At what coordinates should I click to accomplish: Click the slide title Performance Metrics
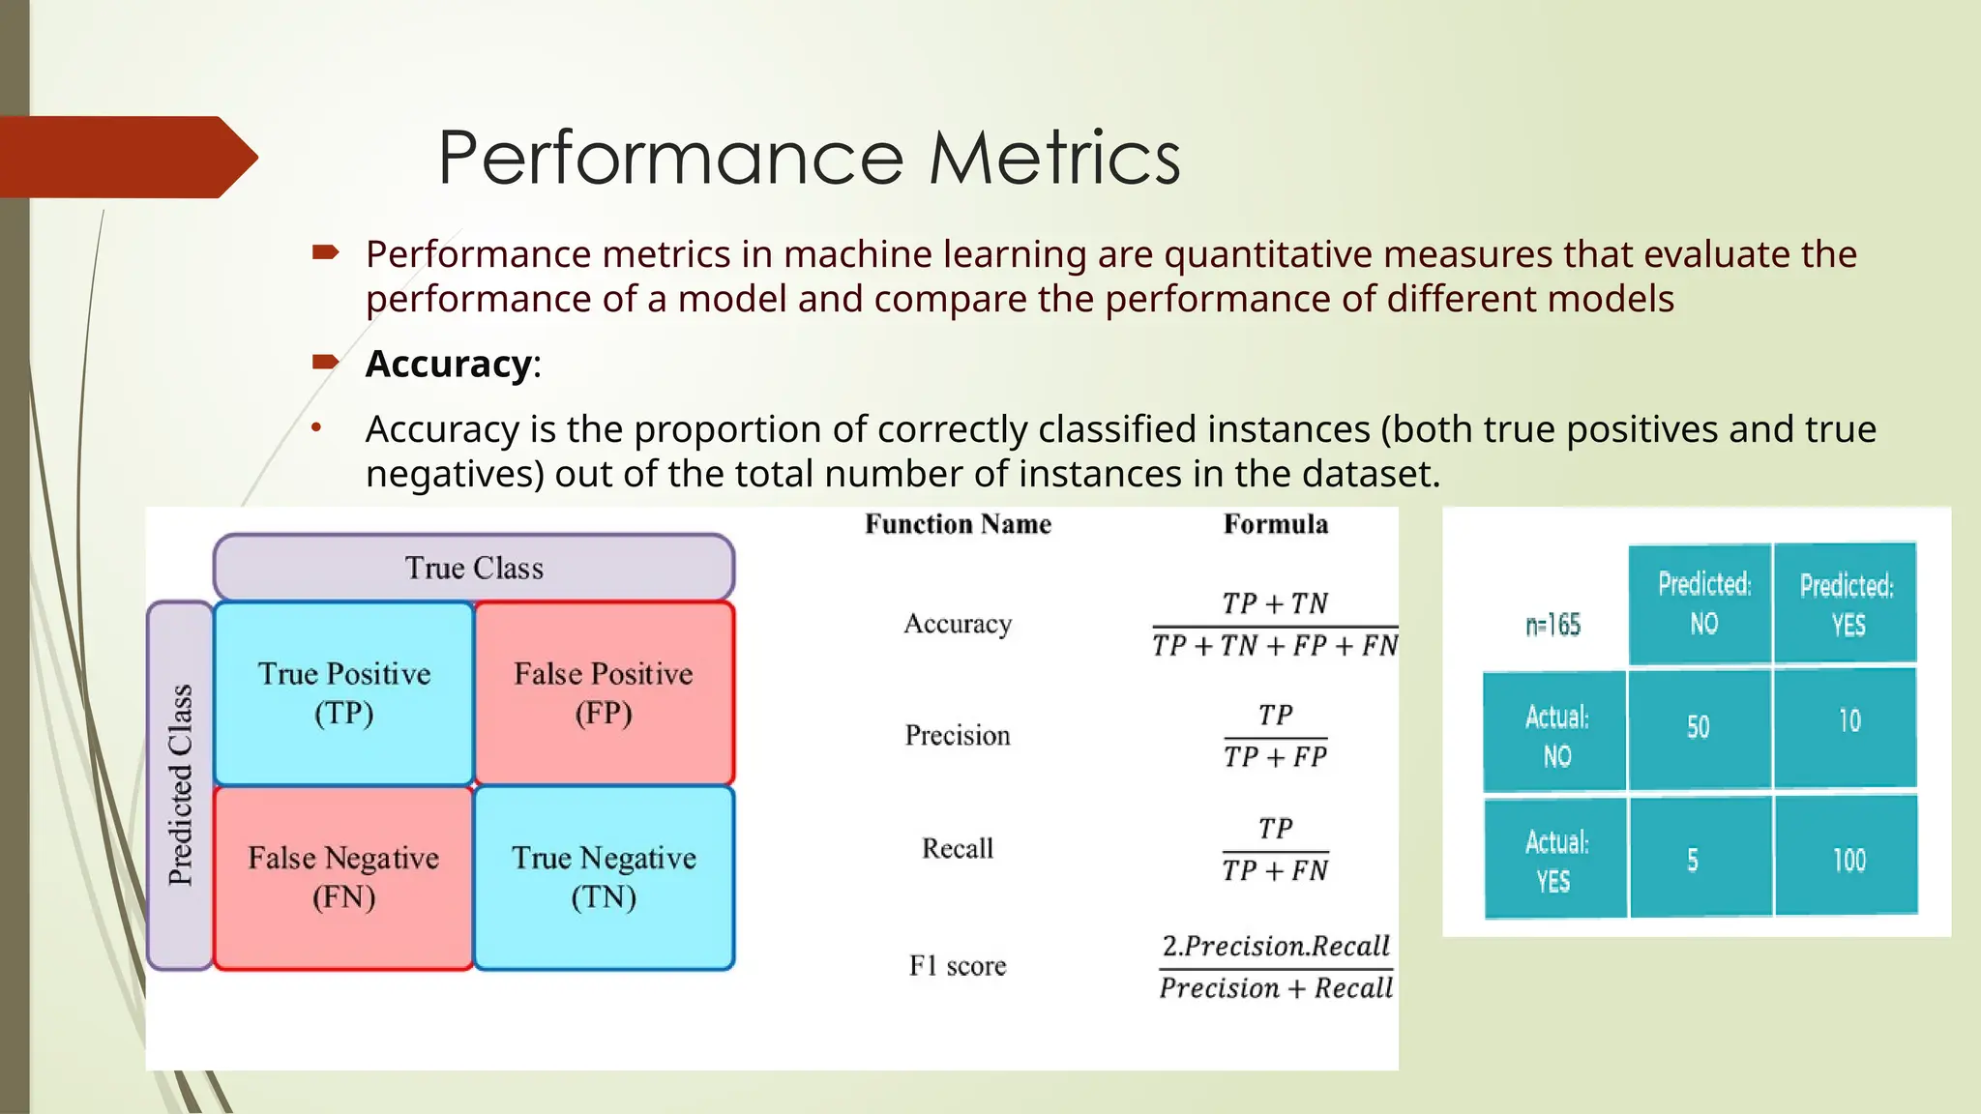809,158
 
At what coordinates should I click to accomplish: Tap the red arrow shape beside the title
126,158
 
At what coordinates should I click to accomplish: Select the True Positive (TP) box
343,692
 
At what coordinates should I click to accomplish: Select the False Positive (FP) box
604,692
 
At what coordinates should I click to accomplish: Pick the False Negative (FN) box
343,877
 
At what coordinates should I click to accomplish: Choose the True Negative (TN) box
604,877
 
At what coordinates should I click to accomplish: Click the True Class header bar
474,568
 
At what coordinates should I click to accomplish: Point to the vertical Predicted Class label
180,784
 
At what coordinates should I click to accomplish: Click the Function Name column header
958,524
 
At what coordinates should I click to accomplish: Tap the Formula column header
1275,524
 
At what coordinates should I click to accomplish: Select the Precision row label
958,736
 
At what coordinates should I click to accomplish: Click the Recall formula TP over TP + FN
1275,849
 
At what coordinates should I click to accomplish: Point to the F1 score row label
958,966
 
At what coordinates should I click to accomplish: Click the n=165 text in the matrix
1552,626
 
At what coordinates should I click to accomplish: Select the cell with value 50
1699,727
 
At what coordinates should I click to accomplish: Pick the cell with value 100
1848,860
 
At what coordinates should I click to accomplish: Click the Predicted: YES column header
1846,604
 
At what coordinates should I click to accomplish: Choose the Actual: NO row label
1555,736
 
